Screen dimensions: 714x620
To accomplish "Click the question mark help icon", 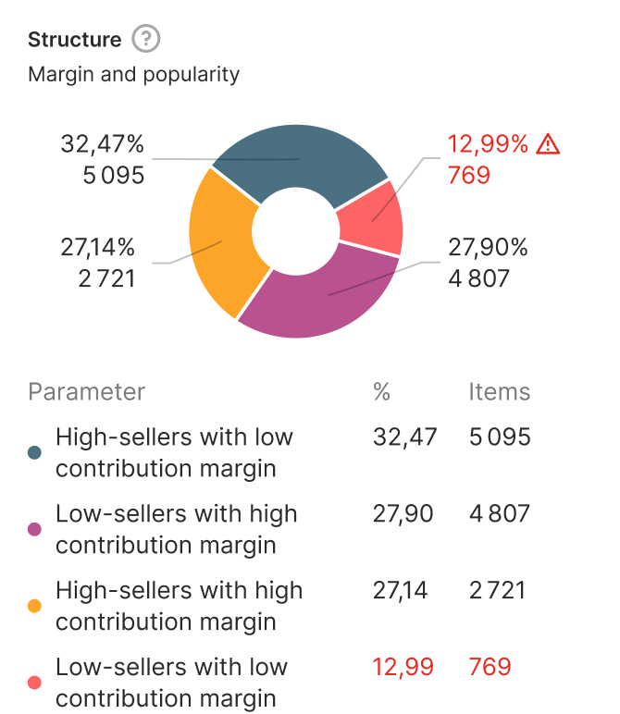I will [x=146, y=40].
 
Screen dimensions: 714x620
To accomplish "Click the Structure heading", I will [x=75, y=40].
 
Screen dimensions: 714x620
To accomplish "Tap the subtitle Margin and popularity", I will [x=134, y=74].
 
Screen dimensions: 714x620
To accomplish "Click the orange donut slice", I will [x=222, y=245].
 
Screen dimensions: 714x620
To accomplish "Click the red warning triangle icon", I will [x=549, y=143].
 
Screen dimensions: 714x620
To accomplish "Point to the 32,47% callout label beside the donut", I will [x=103, y=143].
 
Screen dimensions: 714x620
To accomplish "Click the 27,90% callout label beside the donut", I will [x=488, y=247].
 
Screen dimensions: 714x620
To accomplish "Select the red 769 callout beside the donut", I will [x=469, y=174].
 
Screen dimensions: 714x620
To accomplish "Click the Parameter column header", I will [x=87, y=391].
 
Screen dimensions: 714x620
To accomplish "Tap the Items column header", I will [x=500, y=391].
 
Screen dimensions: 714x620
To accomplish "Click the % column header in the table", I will [x=381, y=391].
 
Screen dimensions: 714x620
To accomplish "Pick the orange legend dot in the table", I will [x=35, y=606].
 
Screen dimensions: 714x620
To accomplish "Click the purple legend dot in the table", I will [x=35, y=529].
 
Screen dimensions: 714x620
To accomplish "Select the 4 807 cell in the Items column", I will [x=500, y=513].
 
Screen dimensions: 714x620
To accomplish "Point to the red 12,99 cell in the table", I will [x=403, y=667].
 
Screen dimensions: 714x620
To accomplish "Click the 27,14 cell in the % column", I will [x=401, y=590].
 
